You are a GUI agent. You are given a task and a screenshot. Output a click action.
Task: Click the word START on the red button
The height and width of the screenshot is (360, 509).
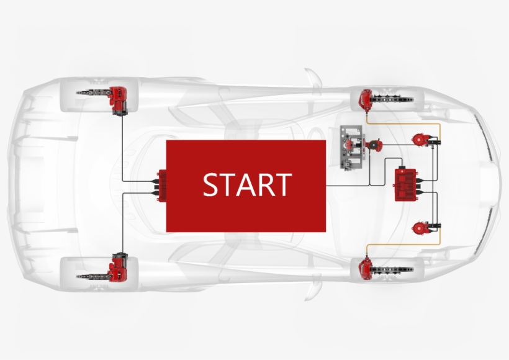click(247, 185)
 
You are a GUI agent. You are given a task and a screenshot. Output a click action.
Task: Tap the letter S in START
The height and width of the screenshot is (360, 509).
click(211, 185)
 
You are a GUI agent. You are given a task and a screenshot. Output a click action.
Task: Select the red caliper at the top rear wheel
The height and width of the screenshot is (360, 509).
click(119, 99)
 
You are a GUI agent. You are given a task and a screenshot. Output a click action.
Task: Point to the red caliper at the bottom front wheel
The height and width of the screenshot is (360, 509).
click(366, 268)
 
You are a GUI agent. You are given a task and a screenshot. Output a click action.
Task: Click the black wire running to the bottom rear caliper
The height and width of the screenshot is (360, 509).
click(122, 223)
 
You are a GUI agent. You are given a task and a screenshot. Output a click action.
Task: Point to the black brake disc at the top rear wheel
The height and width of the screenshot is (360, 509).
click(90, 92)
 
